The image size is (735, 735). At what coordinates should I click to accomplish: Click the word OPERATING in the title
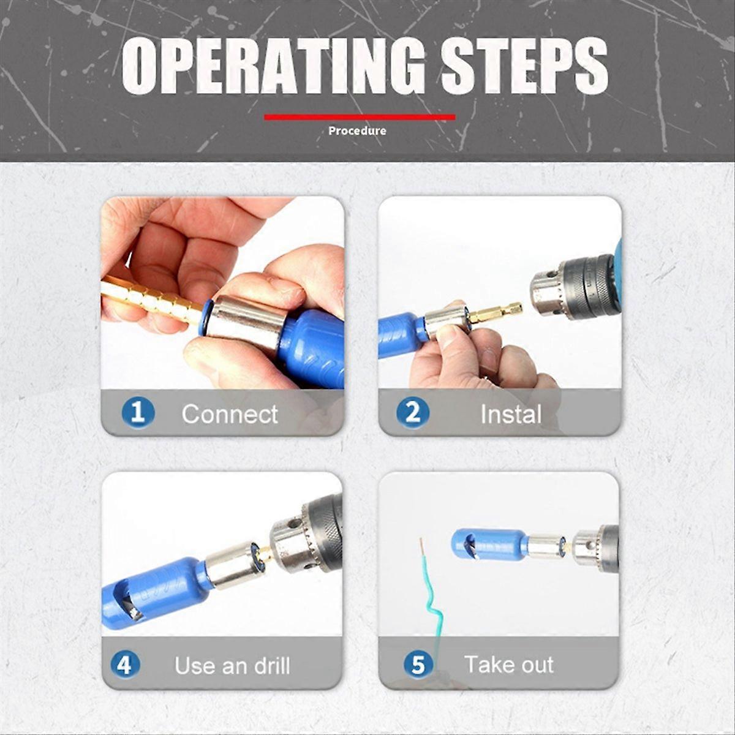(273, 66)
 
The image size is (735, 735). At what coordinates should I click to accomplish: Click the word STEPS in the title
(524, 66)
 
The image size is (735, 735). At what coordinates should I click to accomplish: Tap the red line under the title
(360, 117)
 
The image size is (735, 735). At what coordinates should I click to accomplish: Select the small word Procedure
(357, 130)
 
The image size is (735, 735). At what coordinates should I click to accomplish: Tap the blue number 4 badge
(125, 665)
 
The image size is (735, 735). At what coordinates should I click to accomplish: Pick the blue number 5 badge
(418, 665)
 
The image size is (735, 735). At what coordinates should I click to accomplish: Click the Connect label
(230, 415)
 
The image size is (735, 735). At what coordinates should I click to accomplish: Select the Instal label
(511, 415)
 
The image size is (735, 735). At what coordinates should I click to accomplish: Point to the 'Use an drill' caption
(232, 666)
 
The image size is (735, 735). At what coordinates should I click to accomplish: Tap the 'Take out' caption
(508, 665)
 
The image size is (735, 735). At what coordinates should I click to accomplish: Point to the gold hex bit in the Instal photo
(496, 313)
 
